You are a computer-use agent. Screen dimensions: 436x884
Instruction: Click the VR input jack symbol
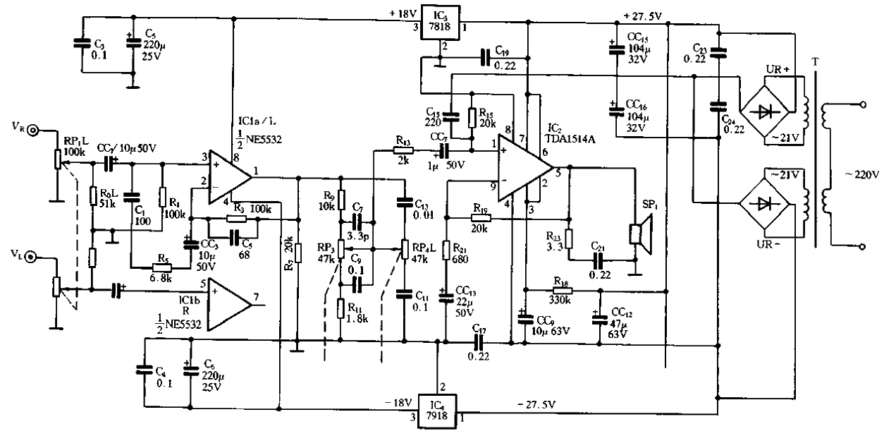pyautogui.click(x=33, y=131)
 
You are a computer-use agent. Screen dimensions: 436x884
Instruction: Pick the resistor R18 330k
pyautogui.click(x=562, y=290)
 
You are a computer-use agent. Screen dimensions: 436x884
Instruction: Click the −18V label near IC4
pyautogui.click(x=398, y=402)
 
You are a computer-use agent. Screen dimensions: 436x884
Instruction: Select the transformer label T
pyautogui.click(x=816, y=62)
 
